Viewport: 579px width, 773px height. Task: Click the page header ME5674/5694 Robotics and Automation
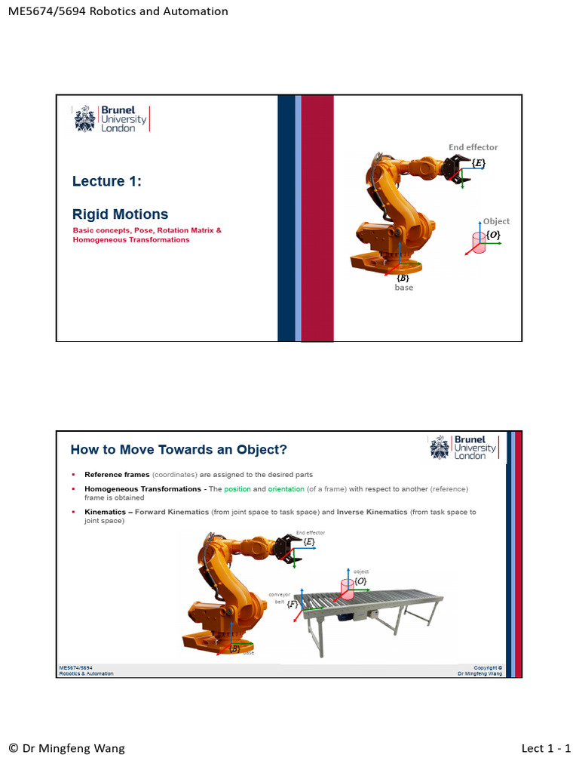click(117, 11)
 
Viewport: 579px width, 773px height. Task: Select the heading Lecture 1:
click(107, 181)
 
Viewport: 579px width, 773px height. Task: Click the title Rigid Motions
click(120, 214)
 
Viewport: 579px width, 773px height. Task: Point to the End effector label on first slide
click(473, 147)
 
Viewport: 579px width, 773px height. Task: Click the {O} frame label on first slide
click(492, 236)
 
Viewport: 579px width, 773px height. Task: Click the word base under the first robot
click(404, 288)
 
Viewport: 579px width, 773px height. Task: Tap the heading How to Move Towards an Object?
click(179, 450)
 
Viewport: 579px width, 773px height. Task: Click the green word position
click(237, 489)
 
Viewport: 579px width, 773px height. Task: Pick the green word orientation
click(286, 489)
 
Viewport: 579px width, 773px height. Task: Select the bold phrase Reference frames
click(117, 475)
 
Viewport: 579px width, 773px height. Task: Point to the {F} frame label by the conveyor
click(293, 604)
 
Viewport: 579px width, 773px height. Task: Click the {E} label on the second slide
click(309, 542)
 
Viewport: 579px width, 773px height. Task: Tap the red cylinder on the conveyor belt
click(348, 589)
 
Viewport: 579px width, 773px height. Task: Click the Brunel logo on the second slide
click(464, 447)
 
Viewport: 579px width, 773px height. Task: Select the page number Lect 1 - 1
click(546, 748)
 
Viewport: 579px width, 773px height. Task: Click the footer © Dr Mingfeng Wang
click(66, 748)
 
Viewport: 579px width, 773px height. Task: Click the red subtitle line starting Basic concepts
click(147, 229)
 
